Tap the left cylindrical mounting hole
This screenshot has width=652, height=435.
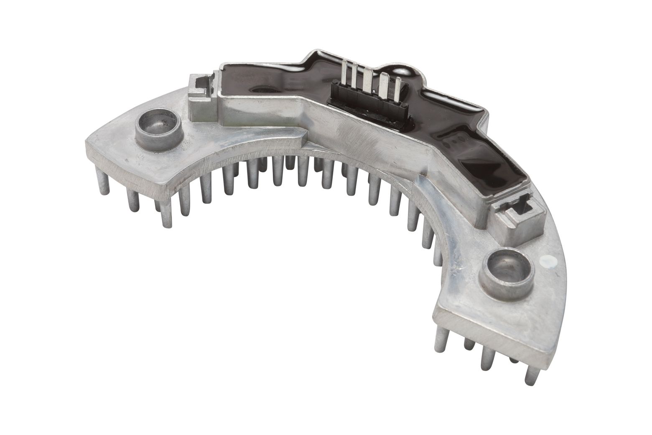(x=158, y=131)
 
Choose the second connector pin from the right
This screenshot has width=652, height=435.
(x=384, y=84)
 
